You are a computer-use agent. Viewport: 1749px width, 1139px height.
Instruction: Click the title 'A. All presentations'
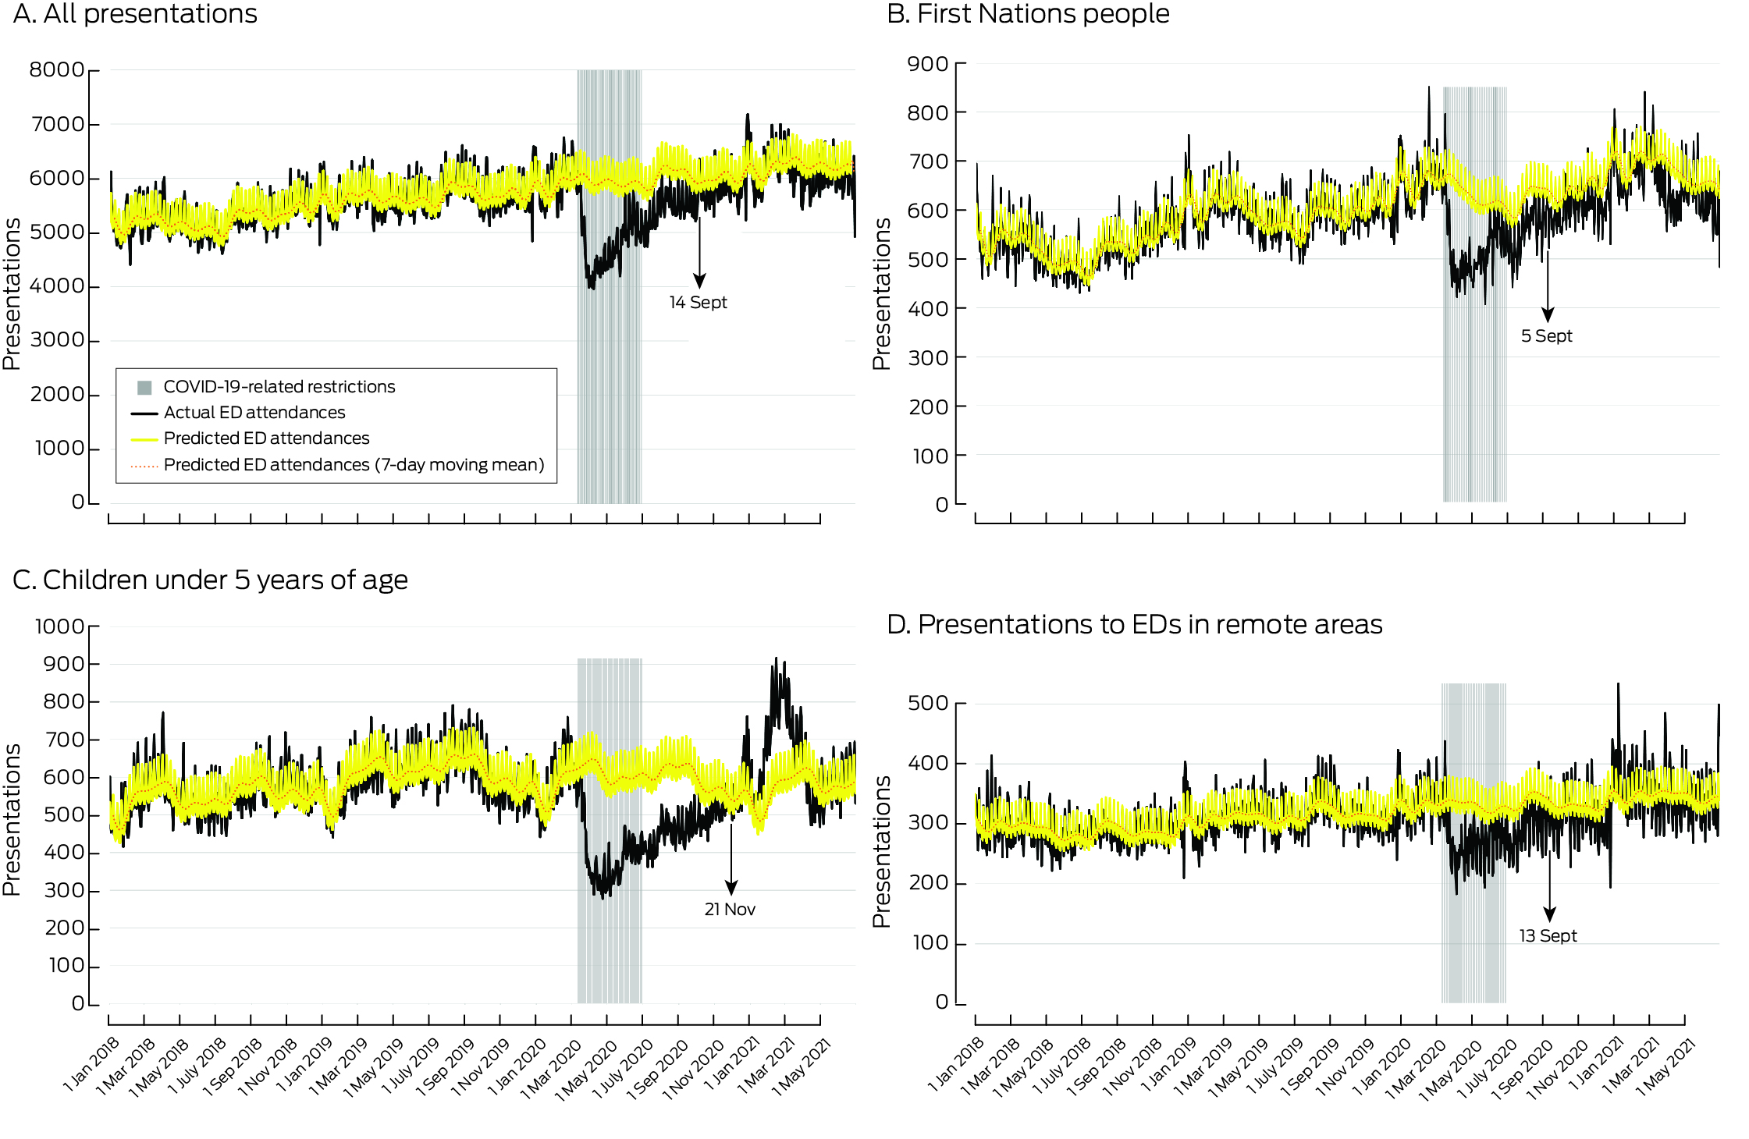[x=135, y=14]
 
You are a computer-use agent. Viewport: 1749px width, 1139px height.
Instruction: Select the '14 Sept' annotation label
[x=698, y=303]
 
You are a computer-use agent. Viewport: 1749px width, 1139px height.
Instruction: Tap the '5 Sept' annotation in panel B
[x=1546, y=336]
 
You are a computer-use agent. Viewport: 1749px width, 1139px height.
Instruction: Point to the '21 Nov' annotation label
[x=730, y=910]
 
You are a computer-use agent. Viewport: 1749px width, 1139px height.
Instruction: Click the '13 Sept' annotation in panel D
[x=1548, y=936]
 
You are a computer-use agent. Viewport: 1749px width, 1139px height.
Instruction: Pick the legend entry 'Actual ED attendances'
[x=254, y=413]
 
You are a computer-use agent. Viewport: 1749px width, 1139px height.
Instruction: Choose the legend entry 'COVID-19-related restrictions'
[x=279, y=387]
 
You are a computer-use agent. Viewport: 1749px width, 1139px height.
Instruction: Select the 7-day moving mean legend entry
[x=354, y=465]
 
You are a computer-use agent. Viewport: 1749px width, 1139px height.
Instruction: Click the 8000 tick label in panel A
[x=56, y=70]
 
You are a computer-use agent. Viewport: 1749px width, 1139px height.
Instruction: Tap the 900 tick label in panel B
[x=928, y=64]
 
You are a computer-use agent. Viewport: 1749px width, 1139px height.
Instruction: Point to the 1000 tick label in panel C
[x=59, y=626]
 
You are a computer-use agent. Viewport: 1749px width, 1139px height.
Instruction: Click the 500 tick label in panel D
[x=928, y=703]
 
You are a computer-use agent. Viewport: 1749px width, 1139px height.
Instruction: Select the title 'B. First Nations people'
[x=1028, y=14]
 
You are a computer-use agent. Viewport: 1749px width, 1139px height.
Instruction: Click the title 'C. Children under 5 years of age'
[x=210, y=580]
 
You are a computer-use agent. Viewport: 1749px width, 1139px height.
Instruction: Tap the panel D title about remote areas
[x=1134, y=625]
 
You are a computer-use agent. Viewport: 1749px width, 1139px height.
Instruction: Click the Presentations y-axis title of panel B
[x=881, y=293]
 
